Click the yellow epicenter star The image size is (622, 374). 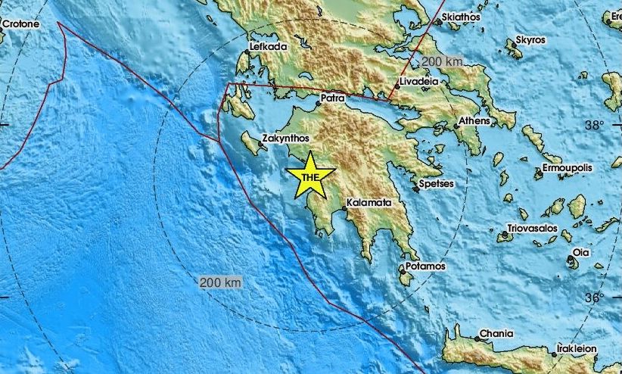[x=310, y=176]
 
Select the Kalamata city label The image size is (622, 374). [x=369, y=204]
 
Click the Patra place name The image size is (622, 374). [x=333, y=98]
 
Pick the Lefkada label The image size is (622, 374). [x=268, y=48]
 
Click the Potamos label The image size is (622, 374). [x=426, y=267]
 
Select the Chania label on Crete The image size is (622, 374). [x=496, y=334]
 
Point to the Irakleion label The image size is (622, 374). [x=577, y=349]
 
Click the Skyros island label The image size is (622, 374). [x=530, y=39]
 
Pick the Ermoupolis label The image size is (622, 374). [x=568, y=167]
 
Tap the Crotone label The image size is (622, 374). [x=20, y=24]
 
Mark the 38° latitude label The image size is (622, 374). [x=595, y=125]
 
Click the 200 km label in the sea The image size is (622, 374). [x=221, y=283]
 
